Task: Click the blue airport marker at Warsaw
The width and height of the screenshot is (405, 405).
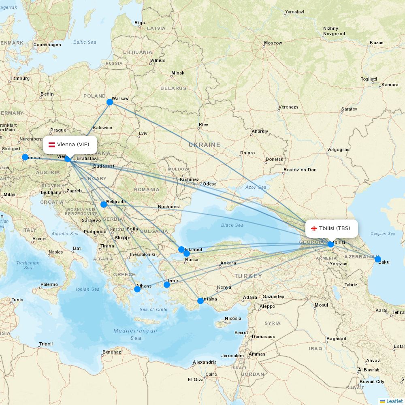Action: [110, 102]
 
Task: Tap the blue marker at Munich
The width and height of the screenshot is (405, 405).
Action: [25, 157]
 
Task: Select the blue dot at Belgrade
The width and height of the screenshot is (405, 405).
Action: [104, 205]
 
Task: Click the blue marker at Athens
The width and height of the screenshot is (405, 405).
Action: [137, 289]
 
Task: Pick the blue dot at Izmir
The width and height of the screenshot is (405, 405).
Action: [167, 285]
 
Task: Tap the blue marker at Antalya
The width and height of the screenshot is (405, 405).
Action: [200, 301]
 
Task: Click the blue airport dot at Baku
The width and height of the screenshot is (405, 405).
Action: [378, 259]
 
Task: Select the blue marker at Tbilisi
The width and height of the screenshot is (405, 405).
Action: [331, 244]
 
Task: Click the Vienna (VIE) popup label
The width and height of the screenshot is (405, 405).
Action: [70, 145]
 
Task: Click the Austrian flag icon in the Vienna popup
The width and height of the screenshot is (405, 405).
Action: [52, 145]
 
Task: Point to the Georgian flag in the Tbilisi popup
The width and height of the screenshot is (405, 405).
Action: [314, 228]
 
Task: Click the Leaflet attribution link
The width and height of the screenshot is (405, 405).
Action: [394, 401]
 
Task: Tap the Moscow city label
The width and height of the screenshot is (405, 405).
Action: [273, 43]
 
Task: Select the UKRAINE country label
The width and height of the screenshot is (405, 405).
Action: [205, 145]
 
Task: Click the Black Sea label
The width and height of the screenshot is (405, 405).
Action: [232, 225]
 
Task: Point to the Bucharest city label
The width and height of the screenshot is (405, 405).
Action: [169, 207]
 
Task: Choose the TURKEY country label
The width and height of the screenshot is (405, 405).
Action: [248, 276]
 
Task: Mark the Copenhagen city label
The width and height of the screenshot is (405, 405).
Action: [47, 45]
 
